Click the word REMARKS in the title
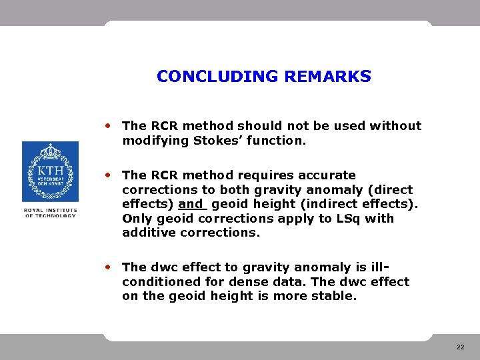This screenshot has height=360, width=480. click(327, 77)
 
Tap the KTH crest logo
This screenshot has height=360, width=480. click(50, 171)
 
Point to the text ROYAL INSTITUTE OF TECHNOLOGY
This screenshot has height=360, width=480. click(50, 213)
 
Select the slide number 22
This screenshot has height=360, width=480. click(461, 347)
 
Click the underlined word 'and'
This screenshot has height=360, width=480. click(191, 204)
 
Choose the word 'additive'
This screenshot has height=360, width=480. click(149, 233)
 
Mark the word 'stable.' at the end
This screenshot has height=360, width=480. click(334, 296)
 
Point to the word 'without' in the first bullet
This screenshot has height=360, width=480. click(397, 126)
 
